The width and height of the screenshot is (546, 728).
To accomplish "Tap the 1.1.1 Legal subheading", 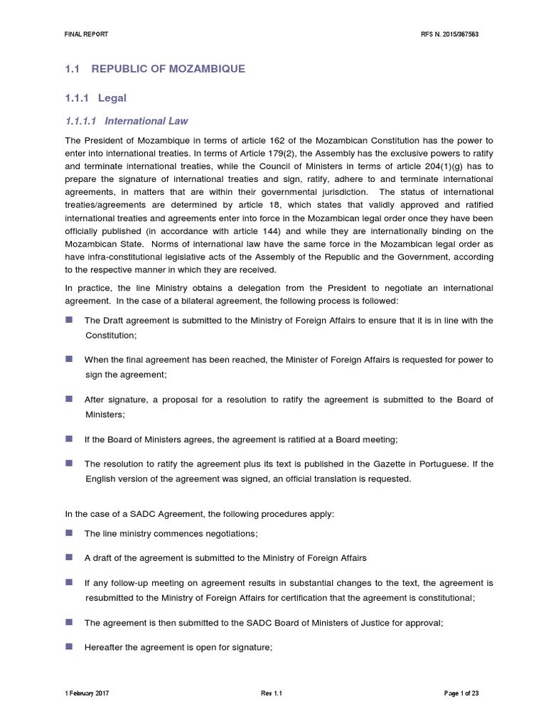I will tap(95, 97).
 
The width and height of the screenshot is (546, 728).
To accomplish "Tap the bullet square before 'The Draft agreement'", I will tap(68, 319).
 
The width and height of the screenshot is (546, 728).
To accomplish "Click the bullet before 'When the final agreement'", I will tap(68, 359).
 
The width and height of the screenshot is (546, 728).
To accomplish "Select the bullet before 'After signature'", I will tap(68, 398).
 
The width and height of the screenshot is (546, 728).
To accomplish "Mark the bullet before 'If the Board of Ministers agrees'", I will tap(68, 438).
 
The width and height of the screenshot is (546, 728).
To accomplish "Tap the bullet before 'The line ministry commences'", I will tap(68, 532).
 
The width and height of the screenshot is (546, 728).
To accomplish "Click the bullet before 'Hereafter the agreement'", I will tap(68, 646).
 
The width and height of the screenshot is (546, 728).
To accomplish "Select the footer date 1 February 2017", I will tap(87, 692).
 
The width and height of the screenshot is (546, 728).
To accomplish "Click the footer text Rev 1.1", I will tap(272, 692).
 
